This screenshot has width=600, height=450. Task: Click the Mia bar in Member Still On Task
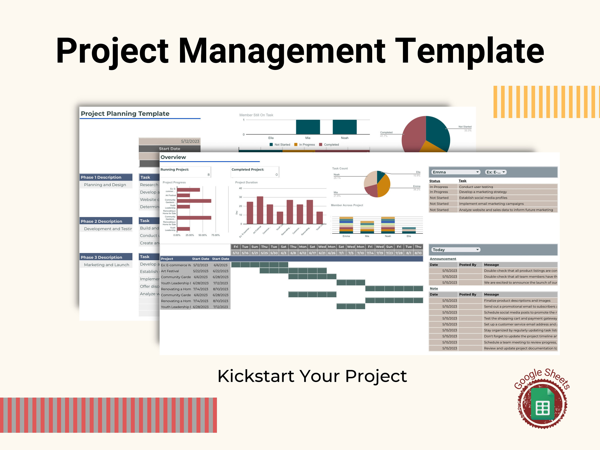308,127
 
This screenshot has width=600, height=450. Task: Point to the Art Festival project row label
170,271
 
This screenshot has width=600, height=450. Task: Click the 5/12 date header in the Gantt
236,253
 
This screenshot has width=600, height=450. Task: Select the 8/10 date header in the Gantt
418,253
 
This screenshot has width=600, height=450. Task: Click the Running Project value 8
208,175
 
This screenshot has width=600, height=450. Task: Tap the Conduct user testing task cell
476,187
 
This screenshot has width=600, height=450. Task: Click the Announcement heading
443,259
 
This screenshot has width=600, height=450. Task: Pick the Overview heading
173,157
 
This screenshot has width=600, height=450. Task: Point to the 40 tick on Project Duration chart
240,188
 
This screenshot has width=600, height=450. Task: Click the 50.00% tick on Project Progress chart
202,235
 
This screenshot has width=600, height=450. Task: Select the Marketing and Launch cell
106,265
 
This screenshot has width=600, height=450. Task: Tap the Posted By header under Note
467,294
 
